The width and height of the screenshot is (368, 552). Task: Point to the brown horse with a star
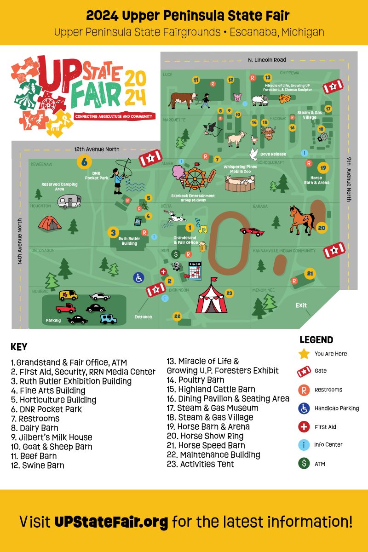(x=301, y=218)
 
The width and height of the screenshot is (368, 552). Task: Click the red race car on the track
(x=252, y=231)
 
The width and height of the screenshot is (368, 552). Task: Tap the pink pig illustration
(x=237, y=98)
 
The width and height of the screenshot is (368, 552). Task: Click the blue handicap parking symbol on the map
(x=138, y=277)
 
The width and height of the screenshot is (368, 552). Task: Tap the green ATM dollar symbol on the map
(x=175, y=254)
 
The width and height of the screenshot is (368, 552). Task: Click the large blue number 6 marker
(x=84, y=161)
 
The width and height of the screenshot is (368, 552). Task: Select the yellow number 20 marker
(x=322, y=228)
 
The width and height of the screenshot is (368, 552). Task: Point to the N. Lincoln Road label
(x=267, y=60)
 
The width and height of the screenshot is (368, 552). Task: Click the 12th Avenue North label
(x=97, y=149)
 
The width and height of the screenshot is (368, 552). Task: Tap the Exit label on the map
(x=301, y=305)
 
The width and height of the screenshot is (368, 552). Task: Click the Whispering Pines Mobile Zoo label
(x=240, y=169)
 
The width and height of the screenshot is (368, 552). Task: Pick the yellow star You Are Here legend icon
(x=304, y=354)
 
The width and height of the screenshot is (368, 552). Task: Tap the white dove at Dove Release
(x=253, y=153)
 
